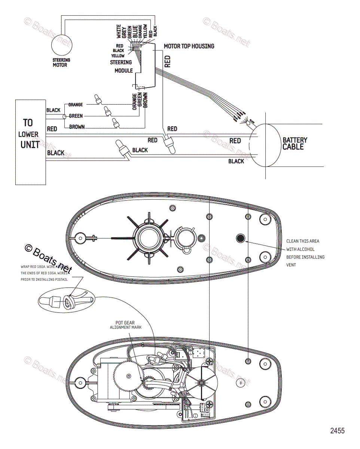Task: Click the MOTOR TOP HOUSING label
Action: pyautogui.click(x=189, y=46)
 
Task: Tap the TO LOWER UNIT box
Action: pyautogui.click(x=30, y=142)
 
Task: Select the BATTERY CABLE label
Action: pyautogui.click(x=295, y=143)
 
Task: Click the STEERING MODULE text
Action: pyautogui.click(x=122, y=66)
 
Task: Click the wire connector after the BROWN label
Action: pyautogui.click(x=116, y=122)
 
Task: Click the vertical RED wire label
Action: pyautogui.click(x=167, y=61)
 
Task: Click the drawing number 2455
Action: pyautogui.click(x=337, y=431)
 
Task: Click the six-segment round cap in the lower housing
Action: pyautogui.click(x=202, y=381)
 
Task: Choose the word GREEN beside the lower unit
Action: pyautogui.click(x=76, y=116)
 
